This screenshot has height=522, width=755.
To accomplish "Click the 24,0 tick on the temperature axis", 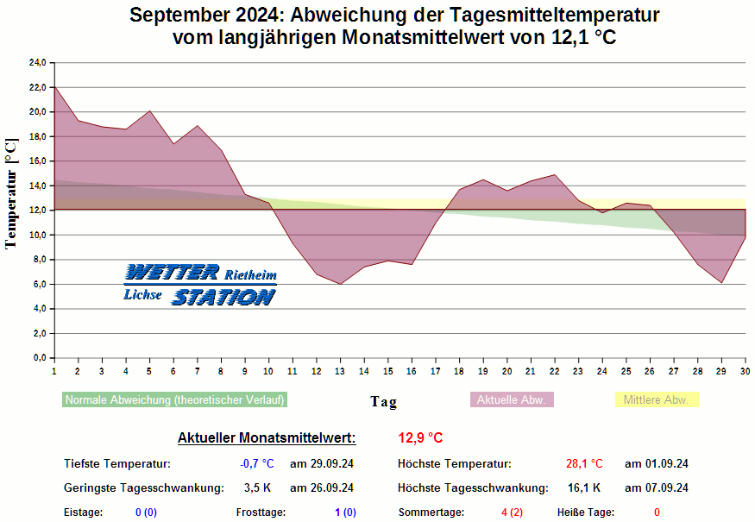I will point(37,63).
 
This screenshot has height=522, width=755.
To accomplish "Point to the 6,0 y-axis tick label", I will point(39,284).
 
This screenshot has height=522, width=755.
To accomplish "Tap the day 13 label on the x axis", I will point(340,370).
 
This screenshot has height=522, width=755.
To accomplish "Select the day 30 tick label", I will point(745,370).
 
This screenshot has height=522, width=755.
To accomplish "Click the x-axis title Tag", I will point(384,401).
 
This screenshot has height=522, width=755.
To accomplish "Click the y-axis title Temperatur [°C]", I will point(11,194).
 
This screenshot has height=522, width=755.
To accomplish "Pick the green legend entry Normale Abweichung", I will point(174,399).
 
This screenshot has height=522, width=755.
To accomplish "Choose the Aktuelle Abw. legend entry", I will point(512,399).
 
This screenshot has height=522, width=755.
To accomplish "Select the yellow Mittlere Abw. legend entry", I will point(656,399).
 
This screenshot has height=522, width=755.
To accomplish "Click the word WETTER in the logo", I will point(172,274).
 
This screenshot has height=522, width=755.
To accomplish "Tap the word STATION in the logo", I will point(223,297).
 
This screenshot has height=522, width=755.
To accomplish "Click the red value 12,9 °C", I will point(420,438).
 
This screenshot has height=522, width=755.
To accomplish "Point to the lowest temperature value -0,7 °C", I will point(256,463).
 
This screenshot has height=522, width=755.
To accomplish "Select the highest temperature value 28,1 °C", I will point(584,463).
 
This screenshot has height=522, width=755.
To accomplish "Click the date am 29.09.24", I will point(322,463).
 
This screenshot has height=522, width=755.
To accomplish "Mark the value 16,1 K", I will point(584,487).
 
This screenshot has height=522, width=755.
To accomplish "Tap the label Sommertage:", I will point(431,513).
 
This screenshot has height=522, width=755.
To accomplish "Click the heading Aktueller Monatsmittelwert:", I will point(266,438).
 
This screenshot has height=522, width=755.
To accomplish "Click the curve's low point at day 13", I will point(340,284).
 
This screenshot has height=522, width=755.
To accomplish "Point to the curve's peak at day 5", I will point(149,111).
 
